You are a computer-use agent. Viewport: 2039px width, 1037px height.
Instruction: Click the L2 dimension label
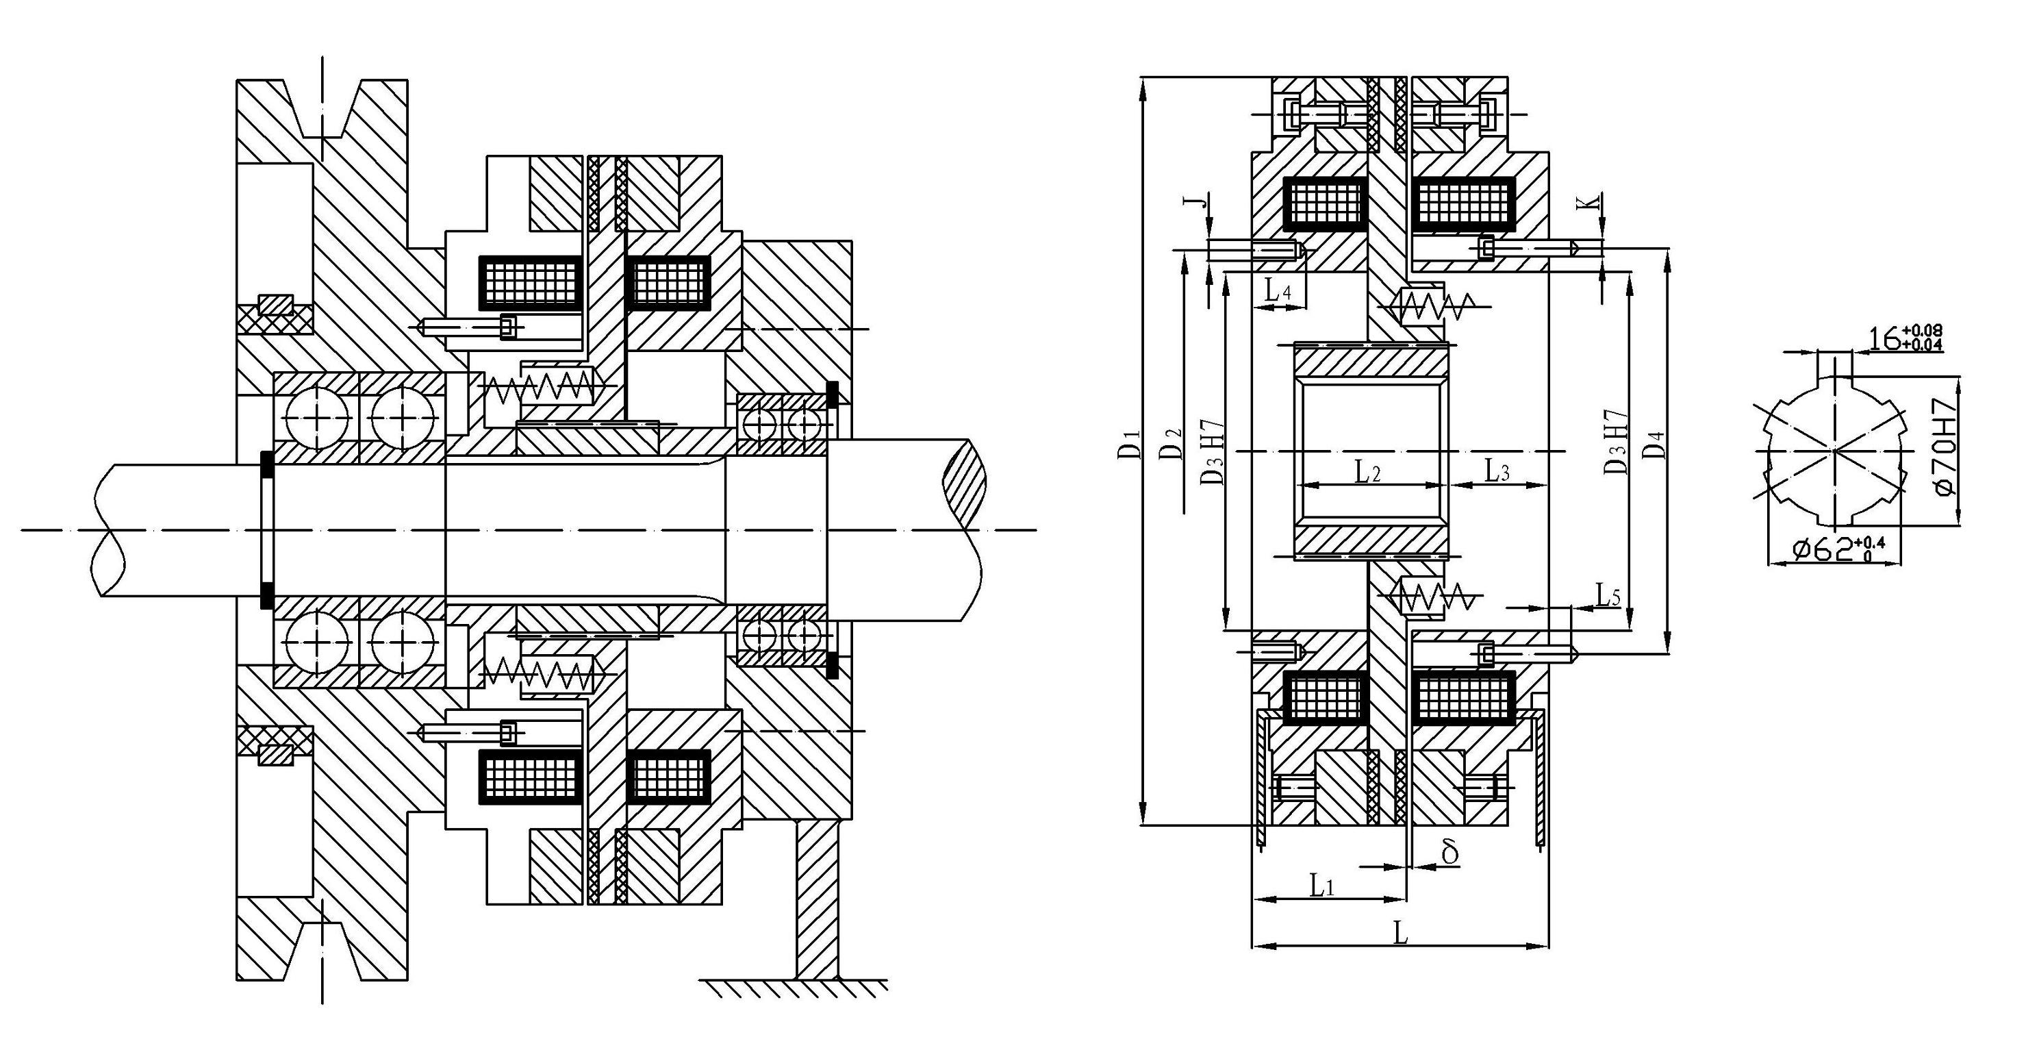click(1368, 473)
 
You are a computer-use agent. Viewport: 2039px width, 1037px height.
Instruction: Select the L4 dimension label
click(1278, 291)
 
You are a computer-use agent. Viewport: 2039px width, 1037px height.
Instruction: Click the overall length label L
click(1400, 934)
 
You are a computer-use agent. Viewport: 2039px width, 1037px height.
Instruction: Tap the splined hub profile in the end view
click(1833, 451)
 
